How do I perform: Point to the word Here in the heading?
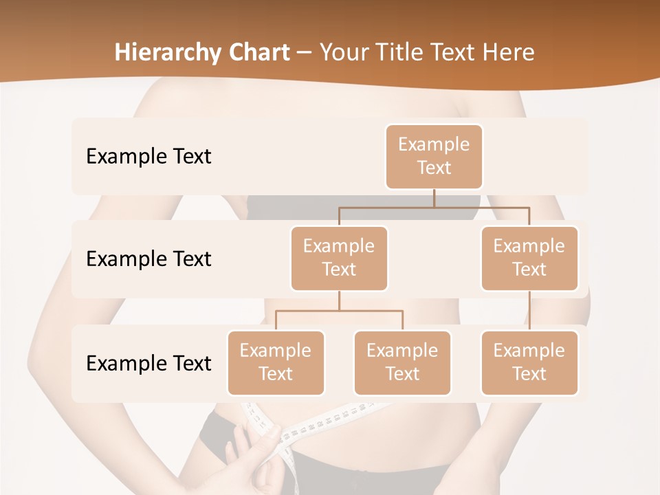[509, 52]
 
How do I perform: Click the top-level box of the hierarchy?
[434, 156]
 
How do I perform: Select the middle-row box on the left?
[339, 258]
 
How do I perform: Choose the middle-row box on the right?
[529, 258]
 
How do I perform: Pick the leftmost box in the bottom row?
[276, 362]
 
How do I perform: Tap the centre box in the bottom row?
[402, 362]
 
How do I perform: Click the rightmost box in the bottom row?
[529, 362]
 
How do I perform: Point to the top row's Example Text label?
[148, 156]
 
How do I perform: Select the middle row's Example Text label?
[148, 258]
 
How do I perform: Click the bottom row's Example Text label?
[148, 363]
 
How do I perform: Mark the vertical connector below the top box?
[434, 198]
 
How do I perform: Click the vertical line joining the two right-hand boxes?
[529, 311]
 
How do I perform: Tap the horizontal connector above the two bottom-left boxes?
[339, 311]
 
